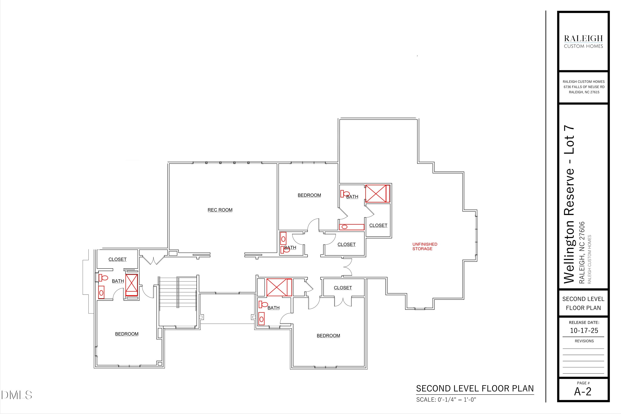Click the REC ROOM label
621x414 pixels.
coord(220,210)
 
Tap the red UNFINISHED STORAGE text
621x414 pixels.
coord(425,246)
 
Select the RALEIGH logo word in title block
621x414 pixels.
coord(583,39)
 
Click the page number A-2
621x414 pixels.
coord(583,392)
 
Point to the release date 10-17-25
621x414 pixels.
coord(584,331)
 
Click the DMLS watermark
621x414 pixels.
coord(17,395)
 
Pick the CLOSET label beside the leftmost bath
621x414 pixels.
coord(118,259)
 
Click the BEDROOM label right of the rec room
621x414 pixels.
coord(309,195)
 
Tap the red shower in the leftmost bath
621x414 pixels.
coord(131,285)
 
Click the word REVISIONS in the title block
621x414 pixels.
coord(584,341)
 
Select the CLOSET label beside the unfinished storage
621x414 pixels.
coord(378,225)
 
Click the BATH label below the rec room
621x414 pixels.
coord(290,247)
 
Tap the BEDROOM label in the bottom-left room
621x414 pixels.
coord(127,334)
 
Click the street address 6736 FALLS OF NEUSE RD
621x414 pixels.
coord(584,87)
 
